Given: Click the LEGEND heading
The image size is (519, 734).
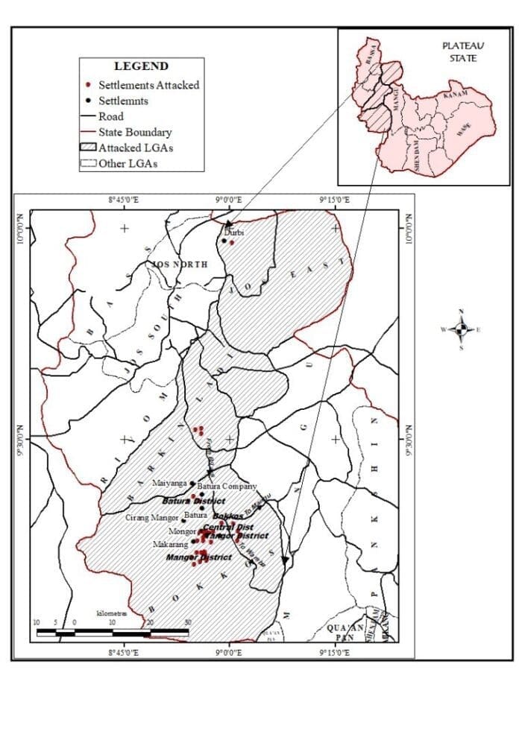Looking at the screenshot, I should click(x=141, y=66).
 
